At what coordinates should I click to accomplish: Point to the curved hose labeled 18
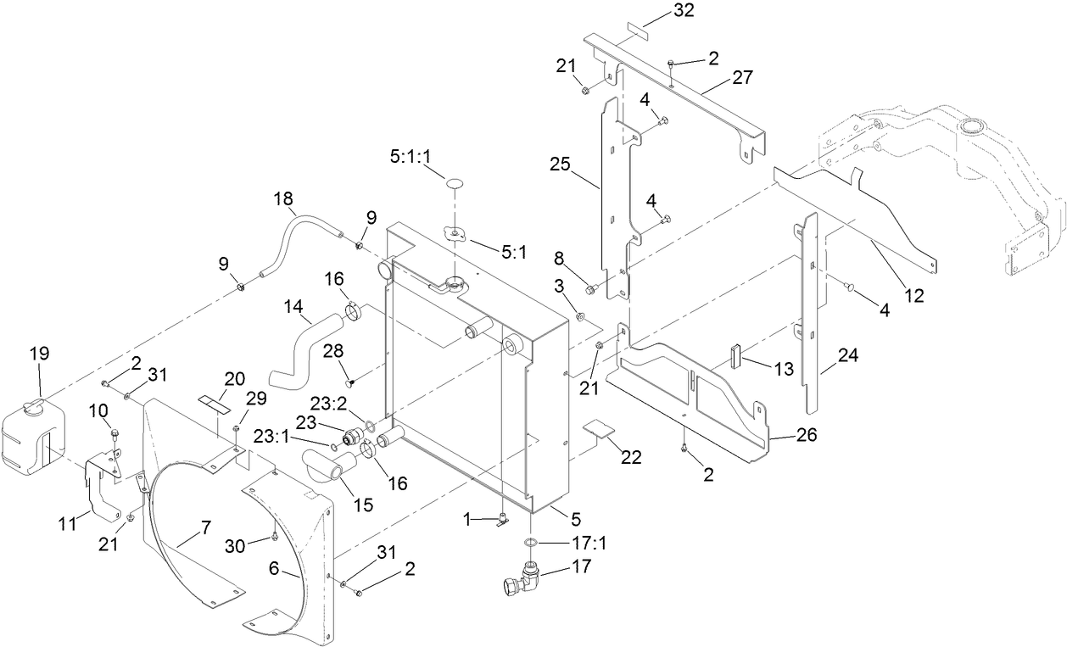click(297, 237)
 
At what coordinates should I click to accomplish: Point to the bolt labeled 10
click(115, 437)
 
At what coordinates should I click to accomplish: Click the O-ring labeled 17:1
click(528, 542)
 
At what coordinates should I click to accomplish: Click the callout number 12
click(914, 297)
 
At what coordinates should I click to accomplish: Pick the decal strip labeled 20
click(215, 402)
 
